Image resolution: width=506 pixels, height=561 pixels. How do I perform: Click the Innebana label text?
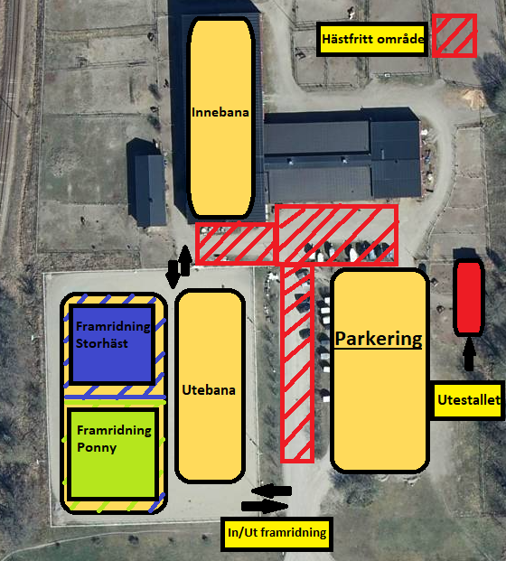click(220, 112)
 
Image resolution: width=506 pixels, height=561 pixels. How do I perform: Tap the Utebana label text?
click(209, 390)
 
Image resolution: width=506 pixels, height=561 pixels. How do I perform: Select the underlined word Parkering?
click(379, 339)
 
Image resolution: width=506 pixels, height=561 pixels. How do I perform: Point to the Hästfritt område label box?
click(372, 39)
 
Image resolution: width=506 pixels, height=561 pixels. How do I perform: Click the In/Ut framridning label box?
click(276, 533)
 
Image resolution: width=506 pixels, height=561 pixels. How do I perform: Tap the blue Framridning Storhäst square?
click(112, 344)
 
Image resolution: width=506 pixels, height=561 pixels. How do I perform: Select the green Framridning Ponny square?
click(113, 454)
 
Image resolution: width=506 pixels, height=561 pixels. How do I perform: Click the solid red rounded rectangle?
click(469, 297)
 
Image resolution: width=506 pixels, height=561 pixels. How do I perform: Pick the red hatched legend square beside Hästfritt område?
click(454, 35)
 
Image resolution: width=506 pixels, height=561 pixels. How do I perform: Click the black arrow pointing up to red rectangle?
click(469, 354)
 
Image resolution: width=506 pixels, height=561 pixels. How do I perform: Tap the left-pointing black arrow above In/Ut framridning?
click(271, 491)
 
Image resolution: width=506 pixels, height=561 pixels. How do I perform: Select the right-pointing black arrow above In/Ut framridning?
click(265, 506)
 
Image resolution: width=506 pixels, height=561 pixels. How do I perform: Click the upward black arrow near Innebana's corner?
click(185, 260)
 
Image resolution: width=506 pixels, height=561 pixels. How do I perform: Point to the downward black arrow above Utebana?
click(173, 274)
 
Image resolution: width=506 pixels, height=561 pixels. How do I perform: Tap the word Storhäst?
click(101, 343)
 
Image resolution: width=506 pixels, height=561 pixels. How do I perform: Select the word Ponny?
click(97, 447)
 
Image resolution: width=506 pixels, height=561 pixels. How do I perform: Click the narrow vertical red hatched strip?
click(297, 363)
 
